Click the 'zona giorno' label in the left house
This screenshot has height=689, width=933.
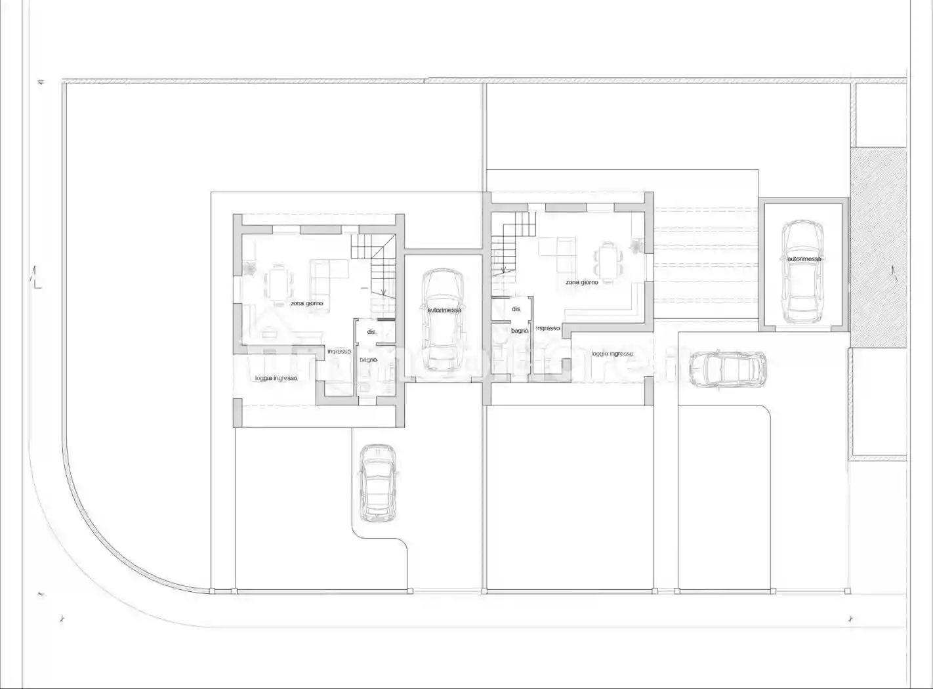click(x=306, y=304)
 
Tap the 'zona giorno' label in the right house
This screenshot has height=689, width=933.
click(x=581, y=282)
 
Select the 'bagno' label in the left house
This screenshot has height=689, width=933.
click(x=368, y=360)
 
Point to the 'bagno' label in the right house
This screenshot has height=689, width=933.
click(x=520, y=331)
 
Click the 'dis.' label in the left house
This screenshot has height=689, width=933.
click(x=371, y=332)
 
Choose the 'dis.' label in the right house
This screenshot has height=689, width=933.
click(x=516, y=308)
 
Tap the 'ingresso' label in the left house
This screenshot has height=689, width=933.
click(x=339, y=352)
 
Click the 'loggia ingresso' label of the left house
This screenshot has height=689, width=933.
click(x=276, y=379)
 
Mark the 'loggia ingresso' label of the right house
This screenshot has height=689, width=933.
click(x=612, y=354)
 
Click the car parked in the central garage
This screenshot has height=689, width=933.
click(x=443, y=320)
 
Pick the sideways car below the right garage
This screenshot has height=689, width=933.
click(x=728, y=369)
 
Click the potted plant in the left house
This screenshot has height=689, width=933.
click(x=250, y=268)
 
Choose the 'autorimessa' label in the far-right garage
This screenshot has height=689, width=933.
click(x=804, y=259)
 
